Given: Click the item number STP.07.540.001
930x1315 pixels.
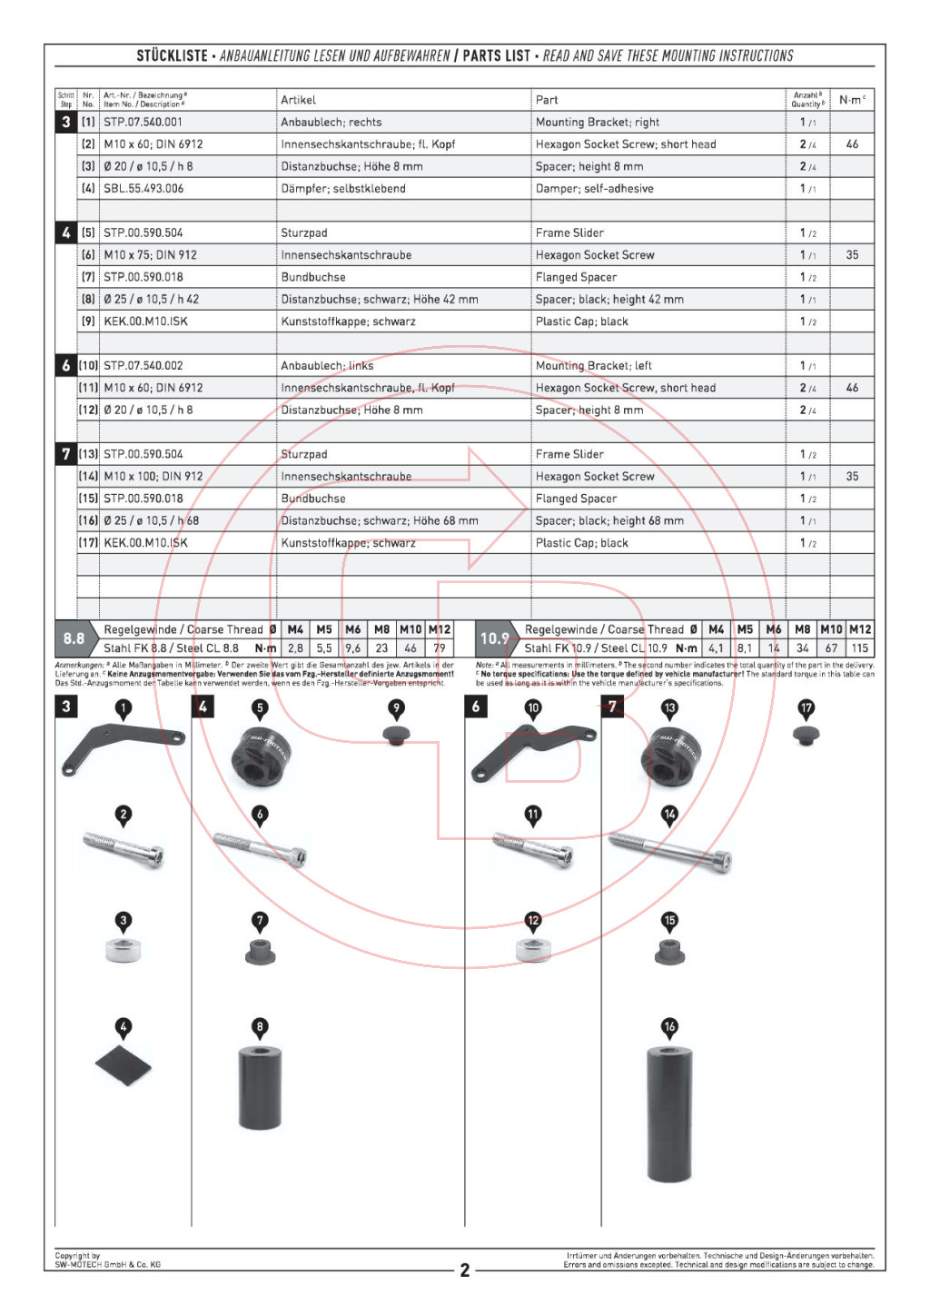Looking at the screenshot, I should (x=143, y=122).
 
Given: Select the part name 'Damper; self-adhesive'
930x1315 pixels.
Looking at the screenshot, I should (x=594, y=189).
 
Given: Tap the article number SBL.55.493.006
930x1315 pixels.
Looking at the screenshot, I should (x=143, y=189).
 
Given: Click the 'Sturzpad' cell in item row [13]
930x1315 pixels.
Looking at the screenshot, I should (x=304, y=454).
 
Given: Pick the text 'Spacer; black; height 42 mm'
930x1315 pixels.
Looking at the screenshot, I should (x=609, y=300).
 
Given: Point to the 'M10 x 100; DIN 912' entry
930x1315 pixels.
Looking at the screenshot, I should (x=153, y=477).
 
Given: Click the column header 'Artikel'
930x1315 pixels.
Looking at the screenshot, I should (x=298, y=100).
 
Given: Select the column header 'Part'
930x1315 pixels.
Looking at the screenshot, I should (x=547, y=100).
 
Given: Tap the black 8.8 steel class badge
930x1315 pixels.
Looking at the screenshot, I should (x=74, y=638).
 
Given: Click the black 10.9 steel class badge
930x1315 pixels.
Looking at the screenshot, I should (x=495, y=638).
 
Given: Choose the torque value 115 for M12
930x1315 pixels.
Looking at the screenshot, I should (x=859, y=648).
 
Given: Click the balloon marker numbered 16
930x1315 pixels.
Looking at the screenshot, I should (x=669, y=1027).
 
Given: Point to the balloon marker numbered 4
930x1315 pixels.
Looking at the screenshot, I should (x=124, y=1027).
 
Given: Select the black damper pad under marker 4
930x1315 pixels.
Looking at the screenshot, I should (x=124, y=1065).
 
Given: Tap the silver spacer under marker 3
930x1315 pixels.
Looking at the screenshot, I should (x=124, y=951).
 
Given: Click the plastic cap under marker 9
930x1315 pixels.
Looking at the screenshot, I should (x=396, y=735).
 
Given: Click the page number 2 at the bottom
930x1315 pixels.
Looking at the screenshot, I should (x=465, y=1271).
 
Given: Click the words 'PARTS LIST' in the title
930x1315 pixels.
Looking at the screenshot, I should (x=496, y=55).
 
